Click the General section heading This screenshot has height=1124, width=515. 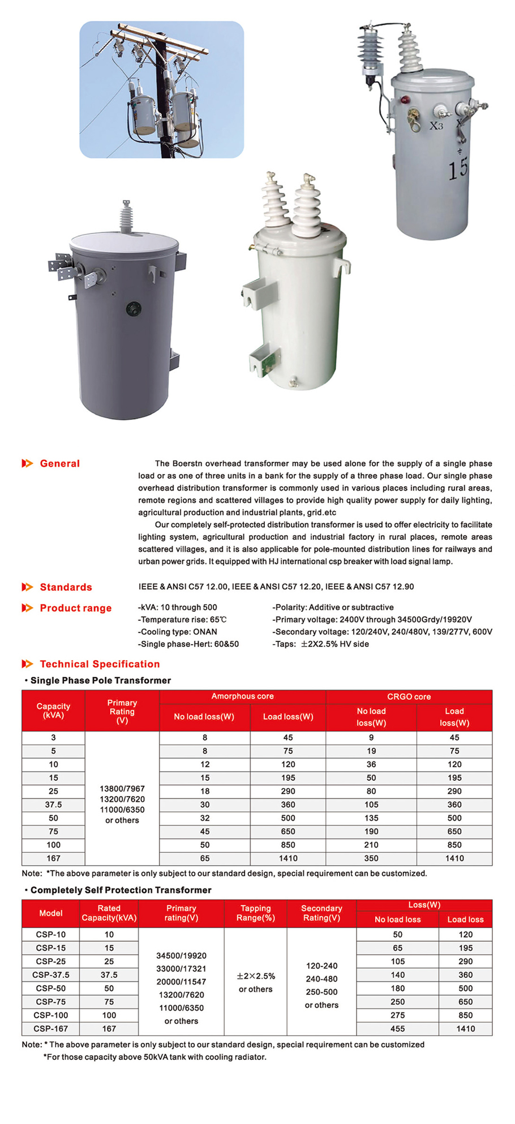pyautogui.click(x=59, y=463)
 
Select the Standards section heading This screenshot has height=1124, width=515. pyautogui.click(x=66, y=587)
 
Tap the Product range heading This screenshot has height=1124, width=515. pyautogui.click(x=75, y=608)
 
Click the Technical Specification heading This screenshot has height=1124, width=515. pyautogui.click(x=100, y=664)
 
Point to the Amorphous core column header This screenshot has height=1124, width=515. pyautogui.click(x=242, y=696)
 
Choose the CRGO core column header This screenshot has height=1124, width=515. pyautogui.click(x=409, y=697)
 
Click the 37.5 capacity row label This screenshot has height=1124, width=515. pyautogui.click(x=53, y=804)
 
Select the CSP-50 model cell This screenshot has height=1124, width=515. pyautogui.click(x=51, y=988)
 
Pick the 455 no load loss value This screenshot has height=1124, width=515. pyautogui.click(x=397, y=1028)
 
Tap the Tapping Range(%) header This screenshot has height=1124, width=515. pyautogui.click(x=256, y=913)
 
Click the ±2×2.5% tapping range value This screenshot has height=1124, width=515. pyautogui.click(x=256, y=976)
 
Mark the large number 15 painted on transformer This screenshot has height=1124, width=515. pyautogui.click(x=458, y=168)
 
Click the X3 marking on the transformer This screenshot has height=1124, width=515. pyautogui.click(x=436, y=126)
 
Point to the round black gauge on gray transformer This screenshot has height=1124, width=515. pyautogui.click(x=134, y=309)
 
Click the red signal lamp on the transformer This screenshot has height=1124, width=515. pyautogui.click(x=405, y=100)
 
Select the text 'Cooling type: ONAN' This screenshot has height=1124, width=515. pyautogui.click(x=178, y=632)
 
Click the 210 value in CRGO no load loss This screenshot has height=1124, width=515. pyautogui.click(x=371, y=845)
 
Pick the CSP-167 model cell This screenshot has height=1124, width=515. pyautogui.click(x=51, y=1028)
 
